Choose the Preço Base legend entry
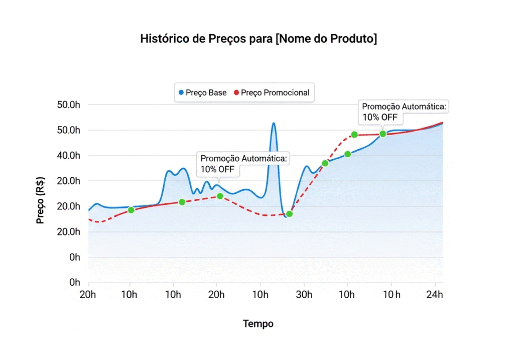[203, 93]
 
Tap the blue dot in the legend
[181, 93]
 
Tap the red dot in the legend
[236, 93]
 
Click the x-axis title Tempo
[258, 324]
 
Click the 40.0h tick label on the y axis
[69, 156]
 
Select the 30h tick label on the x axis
[303, 294]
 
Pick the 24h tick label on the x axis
[435, 294]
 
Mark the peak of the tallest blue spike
[274, 123]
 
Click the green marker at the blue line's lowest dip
[289, 214]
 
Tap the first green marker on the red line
[131, 210]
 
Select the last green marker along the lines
[383, 134]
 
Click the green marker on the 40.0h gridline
[347, 154]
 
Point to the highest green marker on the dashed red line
[354, 135]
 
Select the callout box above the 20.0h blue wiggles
[244, 164]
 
